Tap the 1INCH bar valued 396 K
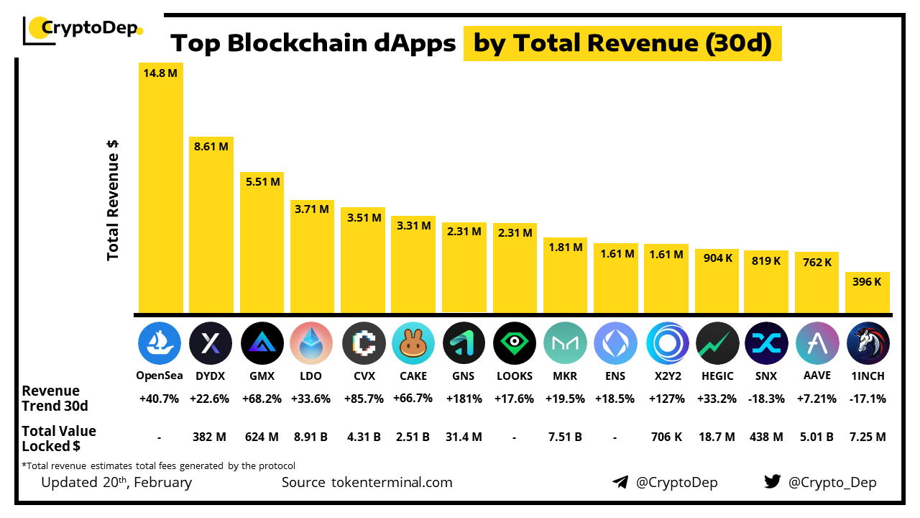[868, 292]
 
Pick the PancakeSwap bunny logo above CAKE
[413, 342]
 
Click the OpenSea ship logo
[160, 342]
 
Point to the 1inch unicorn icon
[868, 342]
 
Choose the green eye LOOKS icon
[515, 342]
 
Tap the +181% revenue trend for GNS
[464, 399]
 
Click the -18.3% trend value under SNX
[766, 399]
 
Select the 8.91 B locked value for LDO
[311, 437]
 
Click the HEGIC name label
[717, 376]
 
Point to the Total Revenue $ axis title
[113, 200]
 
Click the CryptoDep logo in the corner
[83, 29]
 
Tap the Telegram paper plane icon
[620, 482]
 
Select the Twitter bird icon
[773, 482]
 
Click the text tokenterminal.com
[392, 482]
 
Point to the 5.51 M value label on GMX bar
[262, 182]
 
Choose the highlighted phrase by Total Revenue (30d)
[622, 44]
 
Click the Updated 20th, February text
[116, 482]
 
